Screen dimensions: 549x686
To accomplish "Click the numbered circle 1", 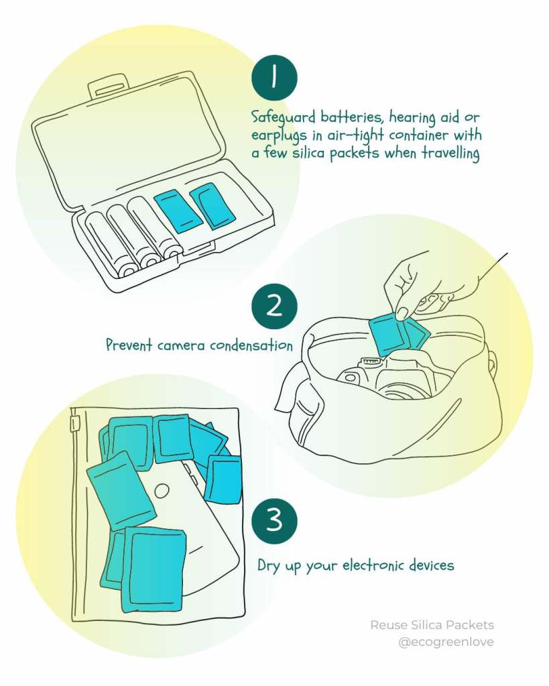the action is pyautogui.click(x=274, y=77).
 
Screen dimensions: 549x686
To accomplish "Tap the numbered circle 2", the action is pyautogui.click(x=274, y=306).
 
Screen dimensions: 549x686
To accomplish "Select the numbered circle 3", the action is pyautogui.click(x=274, y=520).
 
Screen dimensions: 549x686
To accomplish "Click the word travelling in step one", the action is pyautogui.click(x=450, y=154).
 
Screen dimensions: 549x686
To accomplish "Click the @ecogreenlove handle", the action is pyautogui.click(x=446, y=642).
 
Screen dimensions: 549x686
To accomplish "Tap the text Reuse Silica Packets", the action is pyautogui.click(x=432, y=625).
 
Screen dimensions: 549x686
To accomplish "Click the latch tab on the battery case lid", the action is pyautogui.click(x=108, y=87).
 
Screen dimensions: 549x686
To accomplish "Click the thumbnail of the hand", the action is pyautogui.click(x=402, y=312).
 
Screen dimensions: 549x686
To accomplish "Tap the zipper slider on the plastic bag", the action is pyautogui.click(x=76, y=423).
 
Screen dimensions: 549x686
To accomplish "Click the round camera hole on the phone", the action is pyautogui.click(x=162, y=490).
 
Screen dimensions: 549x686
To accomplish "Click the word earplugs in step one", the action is pyautogui.click(x=279, y=136).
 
